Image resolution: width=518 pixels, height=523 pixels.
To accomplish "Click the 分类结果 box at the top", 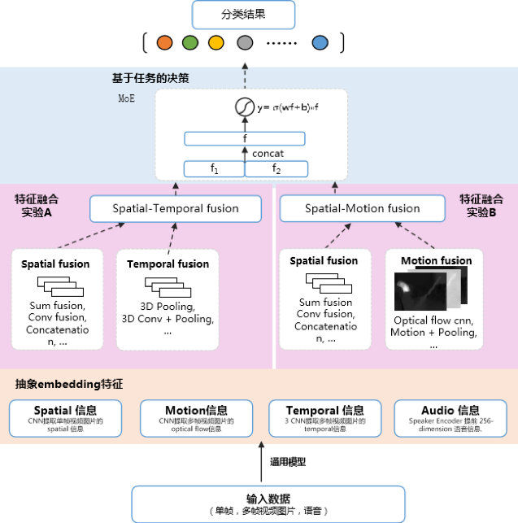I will [x=244, y=14].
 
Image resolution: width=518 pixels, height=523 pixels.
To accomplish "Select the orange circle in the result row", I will [x=165, y=42].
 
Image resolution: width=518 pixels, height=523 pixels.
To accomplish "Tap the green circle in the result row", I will [x=190, y=42].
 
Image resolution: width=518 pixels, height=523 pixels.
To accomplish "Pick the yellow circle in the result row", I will [x=215, y=42].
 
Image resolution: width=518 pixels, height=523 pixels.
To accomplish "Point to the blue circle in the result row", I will [x=320, y=42].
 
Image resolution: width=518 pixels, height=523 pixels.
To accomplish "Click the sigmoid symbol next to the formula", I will [x=241, y=106].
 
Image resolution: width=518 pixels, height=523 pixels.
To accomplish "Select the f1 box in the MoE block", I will [x=215, y=169].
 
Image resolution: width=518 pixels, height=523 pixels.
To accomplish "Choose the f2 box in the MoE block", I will [x=276, y=169].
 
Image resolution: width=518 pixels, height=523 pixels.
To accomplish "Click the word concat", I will [x=268, y=154].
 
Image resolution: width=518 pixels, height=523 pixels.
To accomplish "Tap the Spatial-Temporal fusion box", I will [x=176, y=208].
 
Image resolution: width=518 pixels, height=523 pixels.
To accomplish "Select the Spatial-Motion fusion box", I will [x=362, y=208].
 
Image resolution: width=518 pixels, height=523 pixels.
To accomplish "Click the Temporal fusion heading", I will [x=168, y=264].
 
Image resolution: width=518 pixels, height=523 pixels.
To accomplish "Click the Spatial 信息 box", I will [x=65, y=416].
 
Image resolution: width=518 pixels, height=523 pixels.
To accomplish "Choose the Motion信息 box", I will [x=196, y=416].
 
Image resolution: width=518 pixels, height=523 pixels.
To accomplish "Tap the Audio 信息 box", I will [x=450, y=416].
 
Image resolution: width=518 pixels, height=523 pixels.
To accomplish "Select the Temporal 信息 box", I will [x=324, y=416].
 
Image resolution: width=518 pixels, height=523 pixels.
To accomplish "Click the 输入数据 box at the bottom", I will [x=268, y=503].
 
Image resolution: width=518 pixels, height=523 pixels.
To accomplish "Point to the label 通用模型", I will [x=288, y=462].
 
